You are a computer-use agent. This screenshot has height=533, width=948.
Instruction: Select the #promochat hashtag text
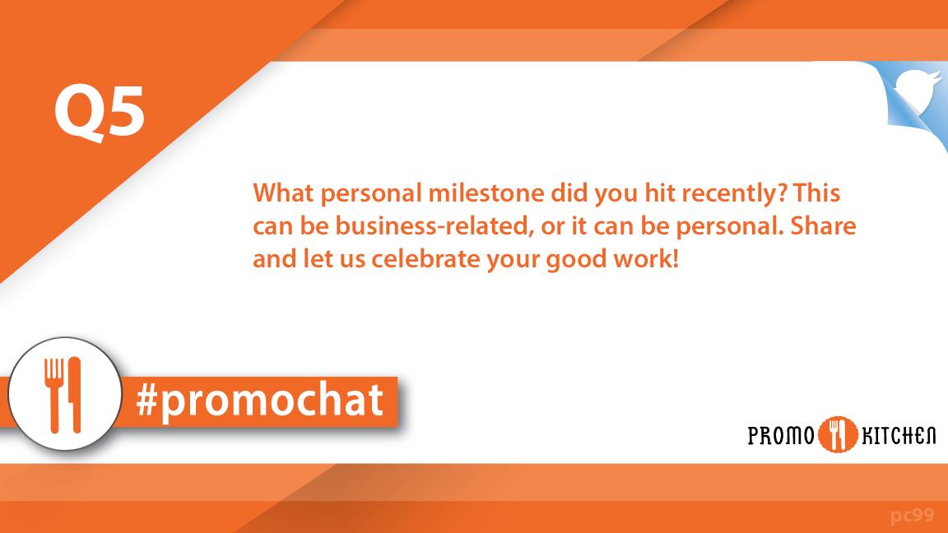pyautogui.click(x=260, y=401)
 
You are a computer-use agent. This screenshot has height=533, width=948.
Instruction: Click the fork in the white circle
pyautogui.click(x=53, y=393)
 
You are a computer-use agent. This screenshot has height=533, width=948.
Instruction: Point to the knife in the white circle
pyautogui.click(x=75, y=393)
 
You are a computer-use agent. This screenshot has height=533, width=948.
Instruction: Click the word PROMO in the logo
pyautogui.click(x=780, y=435)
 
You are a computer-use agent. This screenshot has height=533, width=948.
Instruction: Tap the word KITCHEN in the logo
pyautogui.click(x=898, y=435)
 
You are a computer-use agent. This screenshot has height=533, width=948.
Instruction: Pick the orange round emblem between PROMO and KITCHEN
pyautogui.click(x=838, y=434)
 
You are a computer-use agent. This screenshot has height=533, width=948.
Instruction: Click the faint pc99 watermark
pyautogui.click(x=912, y=516)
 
